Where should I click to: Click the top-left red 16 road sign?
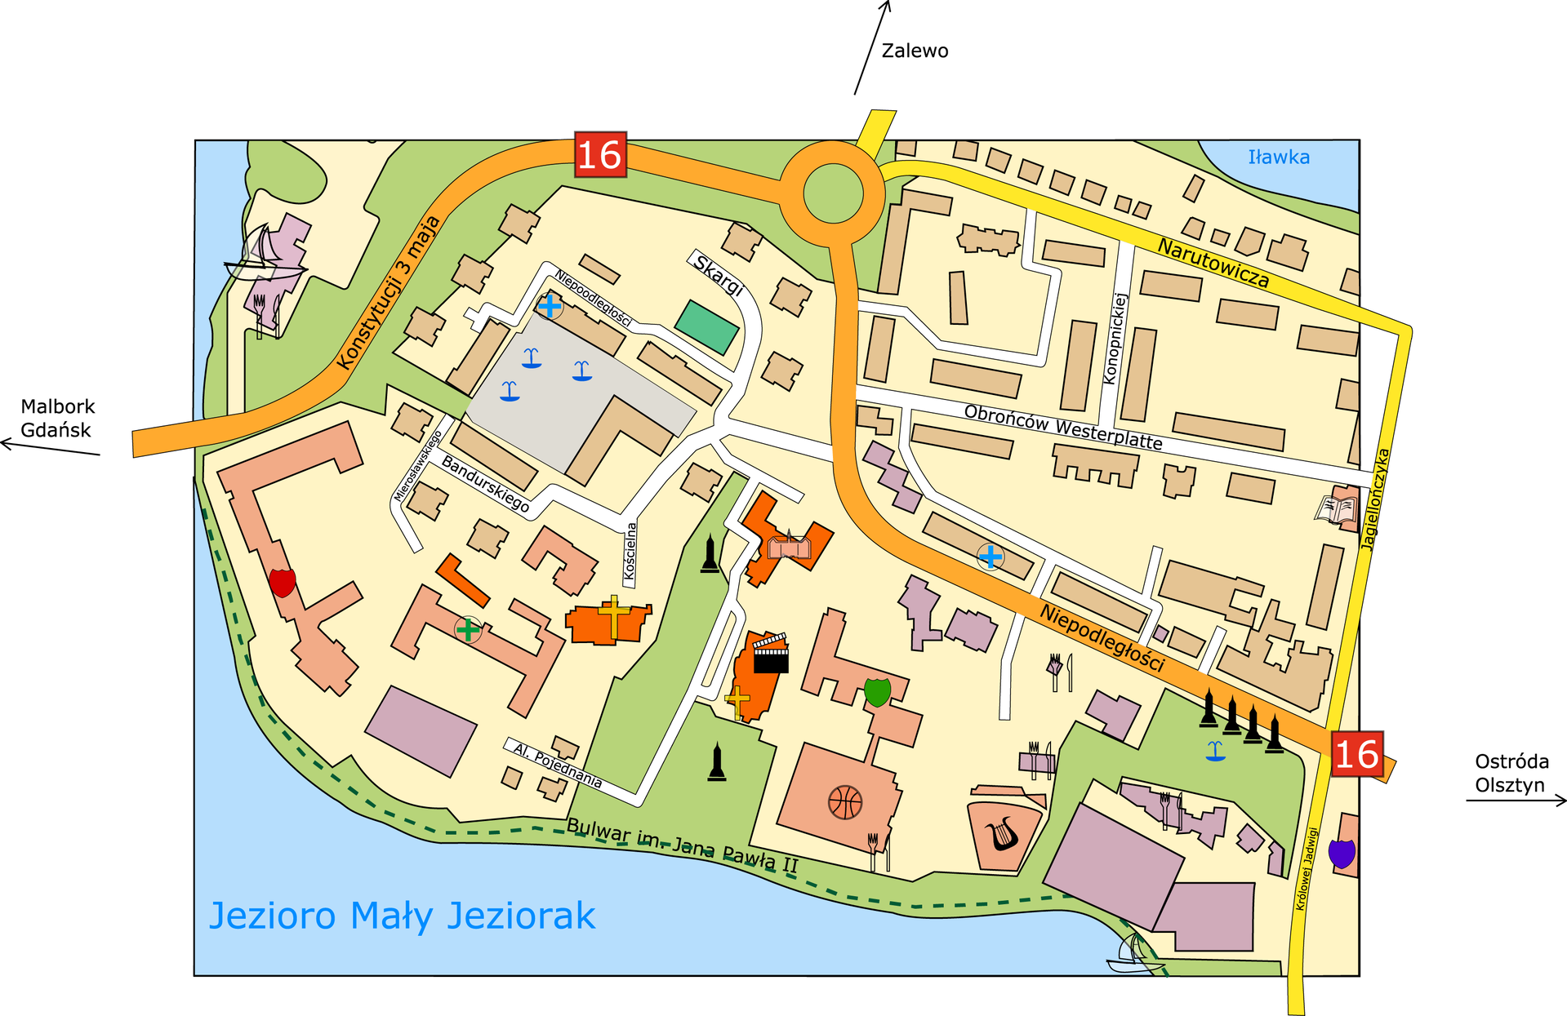[600, 154]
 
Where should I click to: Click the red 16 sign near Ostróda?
[1356, 754]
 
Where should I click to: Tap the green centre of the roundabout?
[833, 193]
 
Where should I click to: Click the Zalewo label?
[915, 51]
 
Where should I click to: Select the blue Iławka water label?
[1279, 157]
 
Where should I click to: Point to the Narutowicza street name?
[1213, 263]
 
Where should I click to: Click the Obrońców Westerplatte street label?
[1063, 427]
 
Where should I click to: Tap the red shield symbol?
[282, 583]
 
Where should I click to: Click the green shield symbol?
[877, 691]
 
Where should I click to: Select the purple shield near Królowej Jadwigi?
[1342, 854]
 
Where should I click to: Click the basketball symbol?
[845, 802]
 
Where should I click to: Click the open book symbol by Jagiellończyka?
[1335, 508]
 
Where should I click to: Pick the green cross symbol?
[468, 629]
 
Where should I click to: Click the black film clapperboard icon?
[770, 654]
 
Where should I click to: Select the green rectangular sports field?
[707, 327]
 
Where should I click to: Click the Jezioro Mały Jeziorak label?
[402, 916]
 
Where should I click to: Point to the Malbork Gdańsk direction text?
[57, 418]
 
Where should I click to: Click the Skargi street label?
[719, 275]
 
